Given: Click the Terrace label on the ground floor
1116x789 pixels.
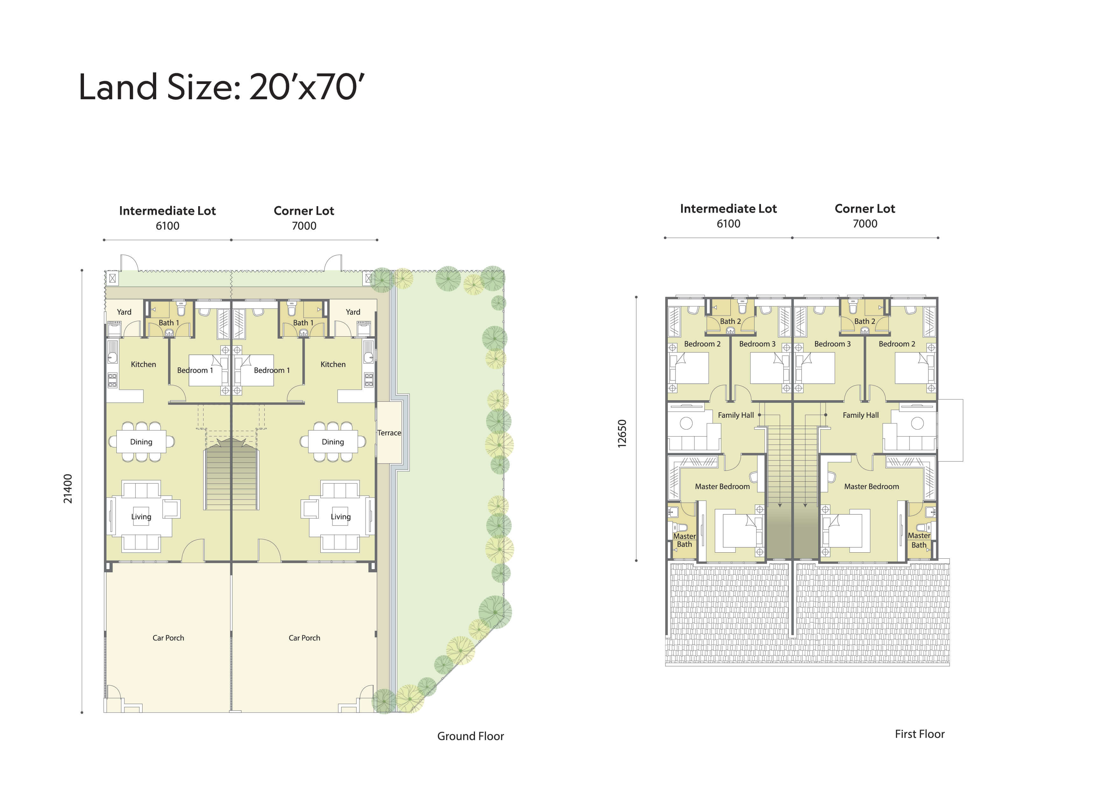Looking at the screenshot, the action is pos(389,433).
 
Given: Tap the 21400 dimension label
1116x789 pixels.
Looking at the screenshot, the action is pos(67,489).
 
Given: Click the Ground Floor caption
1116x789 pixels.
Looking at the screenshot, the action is pos(471,736).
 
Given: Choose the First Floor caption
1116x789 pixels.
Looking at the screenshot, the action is pos(920,734).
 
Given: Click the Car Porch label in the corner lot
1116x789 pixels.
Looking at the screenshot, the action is pos(304,638).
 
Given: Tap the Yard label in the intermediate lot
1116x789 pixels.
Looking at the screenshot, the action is pos(124,312).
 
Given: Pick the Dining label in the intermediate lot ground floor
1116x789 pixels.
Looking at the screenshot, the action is pos(141,442).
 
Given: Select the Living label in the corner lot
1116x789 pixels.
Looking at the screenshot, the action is pos(340,517).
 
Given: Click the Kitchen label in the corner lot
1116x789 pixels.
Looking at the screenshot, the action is pos(333,364).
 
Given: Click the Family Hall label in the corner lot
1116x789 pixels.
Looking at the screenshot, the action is pos(860,415).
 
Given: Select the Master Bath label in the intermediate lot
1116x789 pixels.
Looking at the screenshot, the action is pos(684,540).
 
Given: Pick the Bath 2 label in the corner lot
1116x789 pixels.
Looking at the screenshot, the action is pos(865,321).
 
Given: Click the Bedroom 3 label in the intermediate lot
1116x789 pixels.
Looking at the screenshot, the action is pos(757,344).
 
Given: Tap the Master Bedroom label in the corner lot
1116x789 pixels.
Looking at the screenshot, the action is pos(871,486).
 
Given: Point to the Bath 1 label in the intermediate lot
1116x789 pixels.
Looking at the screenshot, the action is pos(169,323).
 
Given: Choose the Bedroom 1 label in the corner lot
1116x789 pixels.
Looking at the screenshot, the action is pos(272,370).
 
